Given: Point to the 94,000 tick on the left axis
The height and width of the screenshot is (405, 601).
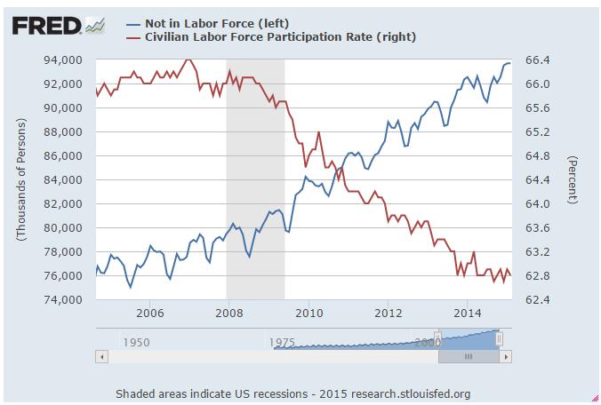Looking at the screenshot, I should pyautogui.click(x=64, y=60).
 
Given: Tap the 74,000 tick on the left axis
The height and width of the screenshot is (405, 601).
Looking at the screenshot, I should pyautogui.click(x=64, y=299).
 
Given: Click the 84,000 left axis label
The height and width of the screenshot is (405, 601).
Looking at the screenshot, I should pyautogui.click(x=64, y=179).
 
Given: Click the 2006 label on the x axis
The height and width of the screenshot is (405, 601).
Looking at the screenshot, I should pyautogui.click(x=149, y=313).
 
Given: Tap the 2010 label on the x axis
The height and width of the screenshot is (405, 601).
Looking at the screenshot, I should pyautogui.click(x=309, y=313).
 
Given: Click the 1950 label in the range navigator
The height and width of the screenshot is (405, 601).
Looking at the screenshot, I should pyautogui.click(x=136, y=342).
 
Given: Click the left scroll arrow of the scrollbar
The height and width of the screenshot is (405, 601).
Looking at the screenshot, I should pyautogui.click(x=101, y=356).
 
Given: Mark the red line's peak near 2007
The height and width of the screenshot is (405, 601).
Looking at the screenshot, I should pyautogui.click(x=188, y=60).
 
